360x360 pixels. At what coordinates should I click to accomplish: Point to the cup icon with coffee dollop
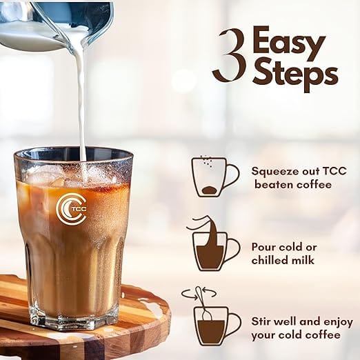click(x=215, y=177)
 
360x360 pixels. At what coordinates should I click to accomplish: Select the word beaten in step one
click(x=270, y=185)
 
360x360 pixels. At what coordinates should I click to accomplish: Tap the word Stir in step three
click(x=261, y=321)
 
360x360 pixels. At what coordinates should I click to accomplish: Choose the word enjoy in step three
click(x=339, y=323)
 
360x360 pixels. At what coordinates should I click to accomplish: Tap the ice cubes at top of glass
click(x=69, y=174)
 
